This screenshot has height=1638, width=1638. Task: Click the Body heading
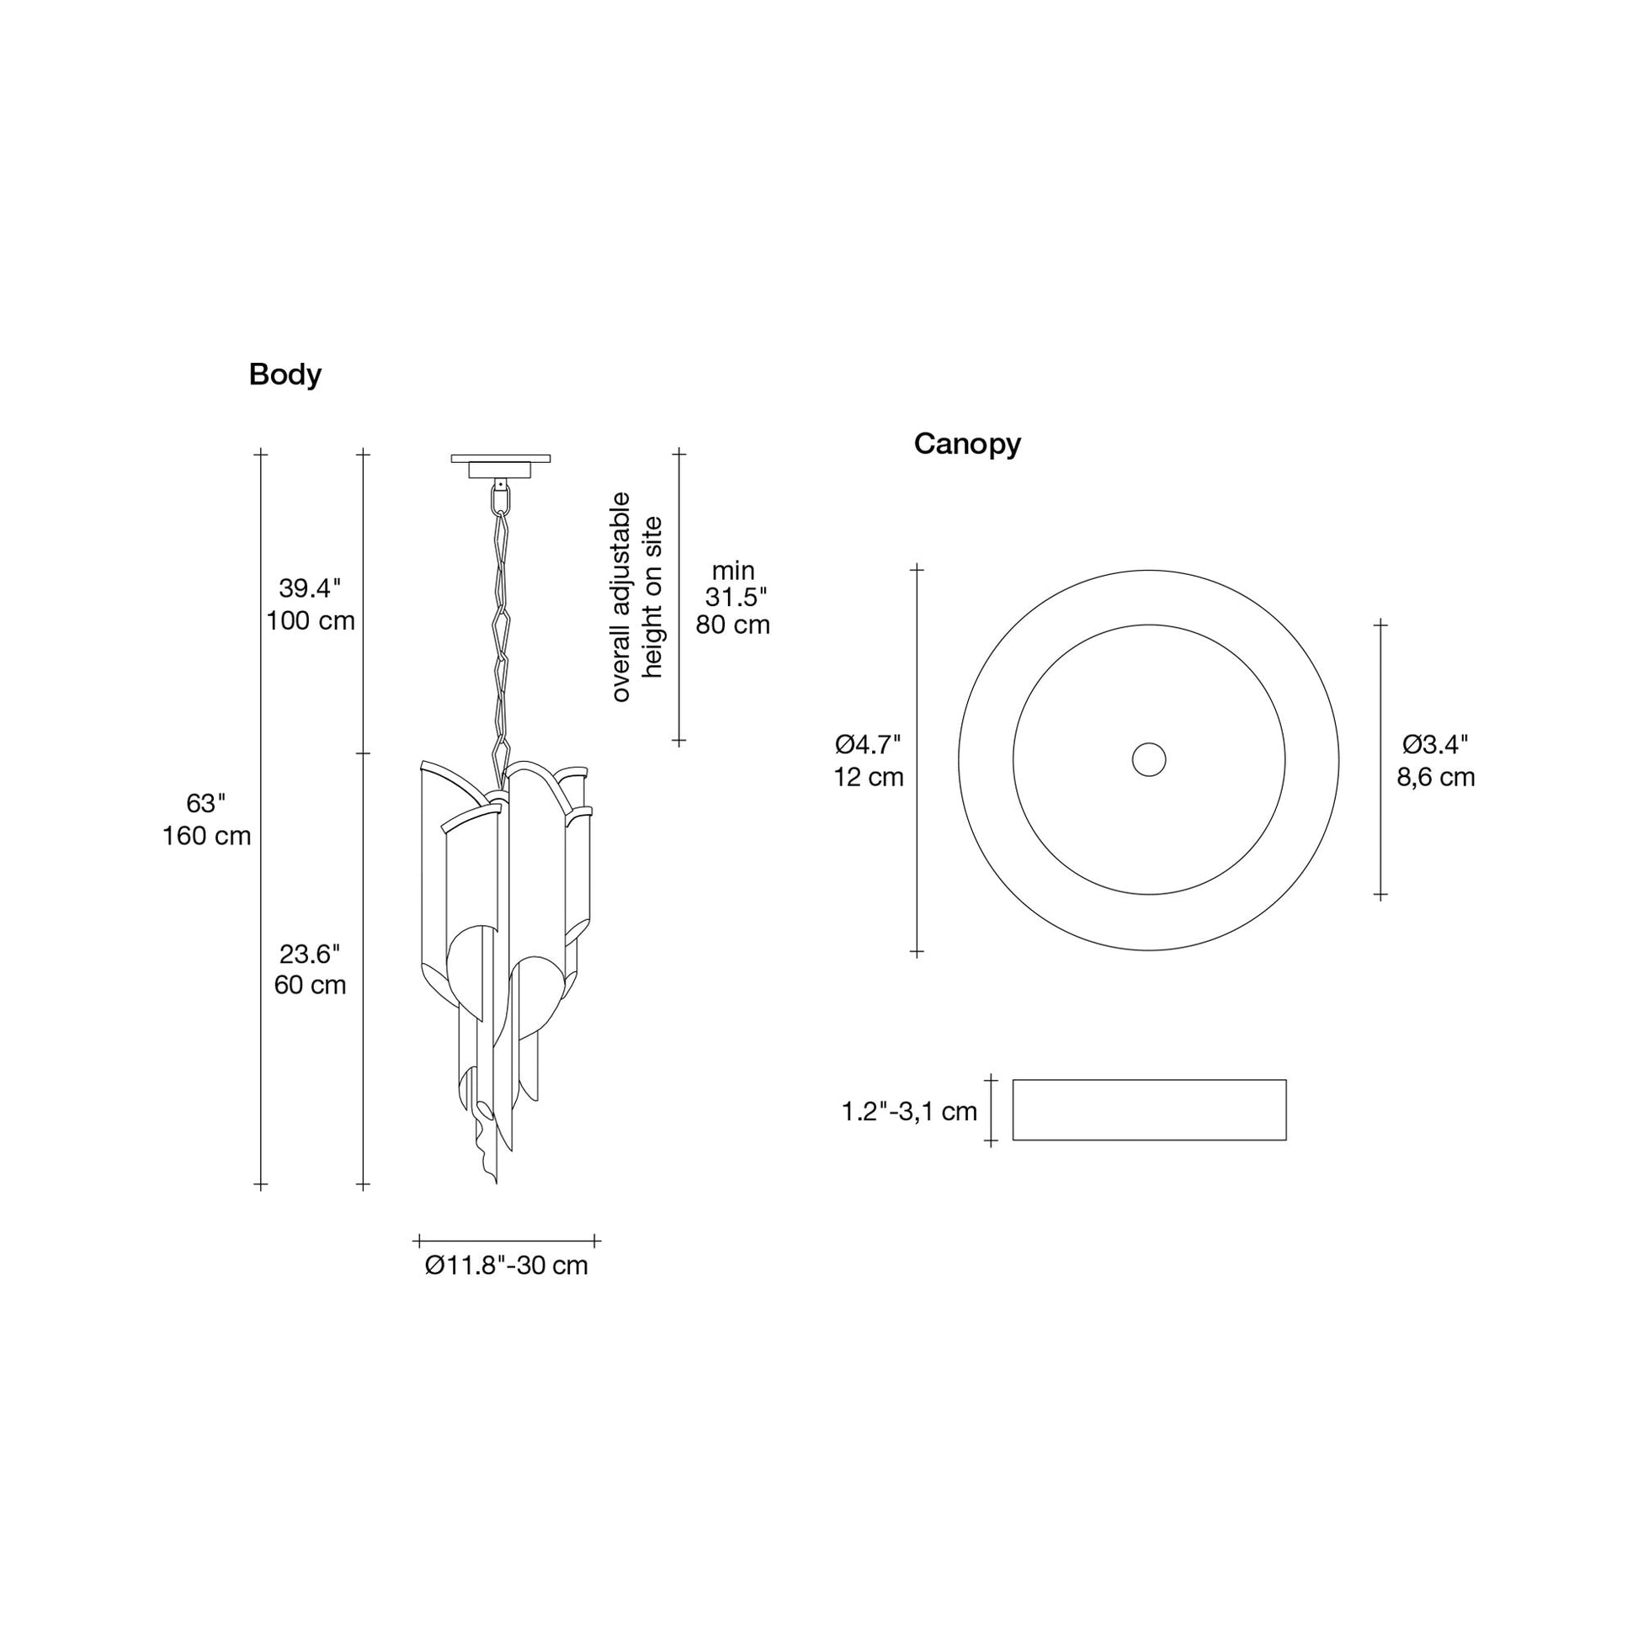click(285, 375)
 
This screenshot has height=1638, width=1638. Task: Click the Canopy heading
click(966, 444)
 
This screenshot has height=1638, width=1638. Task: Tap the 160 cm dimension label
click(207, 836)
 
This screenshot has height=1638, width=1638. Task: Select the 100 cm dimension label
click(311, 620)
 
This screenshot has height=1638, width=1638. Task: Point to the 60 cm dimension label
click(311, 985)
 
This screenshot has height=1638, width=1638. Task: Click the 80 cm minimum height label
click(732, 625)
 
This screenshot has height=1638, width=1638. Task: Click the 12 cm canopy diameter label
click(868, 777)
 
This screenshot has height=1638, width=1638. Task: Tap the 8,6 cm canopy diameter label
click(1436, 777)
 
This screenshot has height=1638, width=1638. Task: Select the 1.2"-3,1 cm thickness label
click(910, 1111)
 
